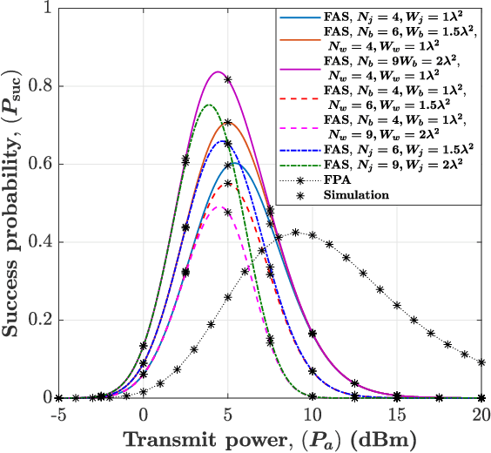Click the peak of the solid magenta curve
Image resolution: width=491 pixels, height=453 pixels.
point(218,72)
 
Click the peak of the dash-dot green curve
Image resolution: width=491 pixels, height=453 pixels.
point(208,105)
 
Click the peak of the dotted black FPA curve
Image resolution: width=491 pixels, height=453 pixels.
point(296,233)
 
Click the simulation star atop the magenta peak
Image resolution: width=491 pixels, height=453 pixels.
point(228,80)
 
